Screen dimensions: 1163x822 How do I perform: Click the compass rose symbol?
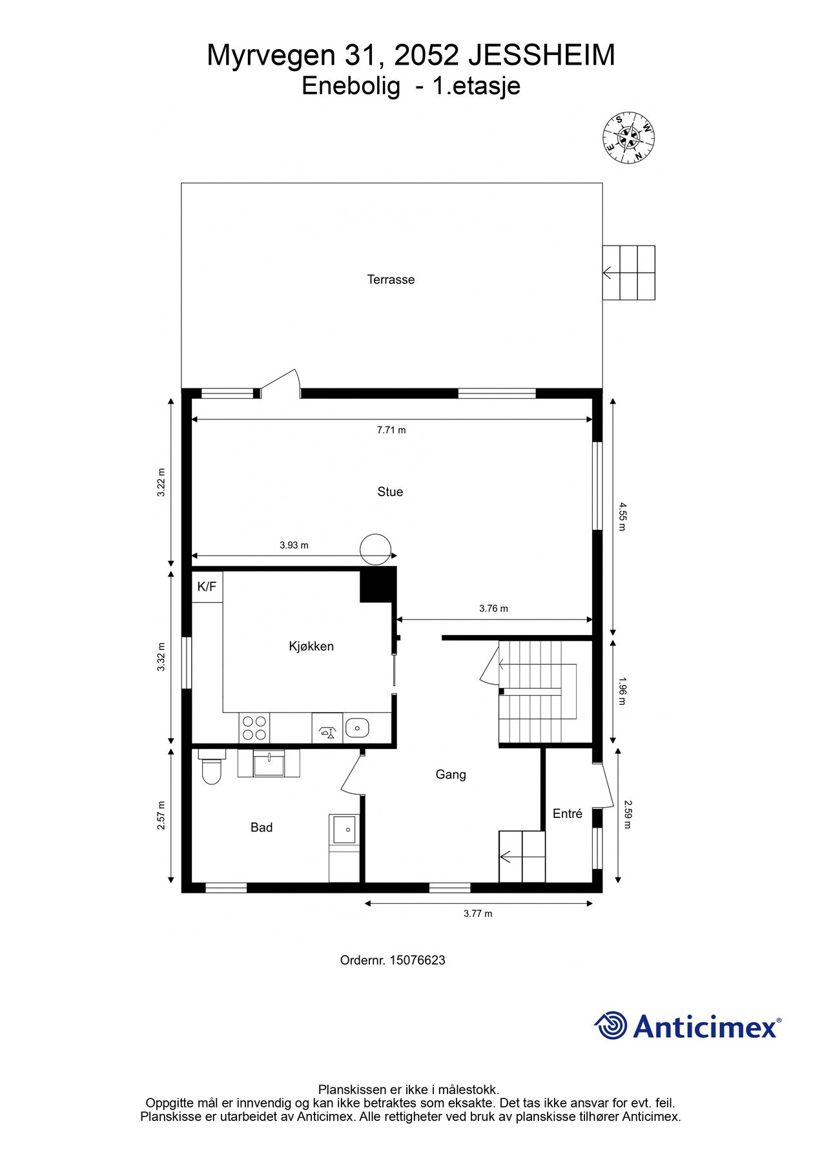(x=628, y=138)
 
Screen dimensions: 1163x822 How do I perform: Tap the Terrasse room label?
(x=391, y=280)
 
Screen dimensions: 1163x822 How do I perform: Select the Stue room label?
(x=390, y=492)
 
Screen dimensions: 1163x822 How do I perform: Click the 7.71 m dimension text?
(x=391, y=430)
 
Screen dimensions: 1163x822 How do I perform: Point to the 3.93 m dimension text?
(x=294, y=545)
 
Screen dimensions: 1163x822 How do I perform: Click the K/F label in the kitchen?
(x=207, y=587)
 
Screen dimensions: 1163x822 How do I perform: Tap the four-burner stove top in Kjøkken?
(x=254, y=728)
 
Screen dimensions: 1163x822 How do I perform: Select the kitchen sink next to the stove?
(x=356, y=728)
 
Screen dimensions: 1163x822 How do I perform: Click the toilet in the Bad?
(x=212, y=768)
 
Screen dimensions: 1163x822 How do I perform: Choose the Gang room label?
(x=451, y=775)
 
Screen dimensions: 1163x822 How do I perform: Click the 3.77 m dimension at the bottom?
(x=478, y=914)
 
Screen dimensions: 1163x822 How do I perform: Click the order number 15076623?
(x=418, y=960)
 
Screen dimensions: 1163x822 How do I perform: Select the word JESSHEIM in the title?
(x=541, y=56)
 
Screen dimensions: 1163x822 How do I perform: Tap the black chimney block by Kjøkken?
(x=377, y=584)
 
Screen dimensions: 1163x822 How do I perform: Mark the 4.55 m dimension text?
(x=622, y=516)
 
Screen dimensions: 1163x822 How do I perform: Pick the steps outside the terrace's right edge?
(x=629, y=273)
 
